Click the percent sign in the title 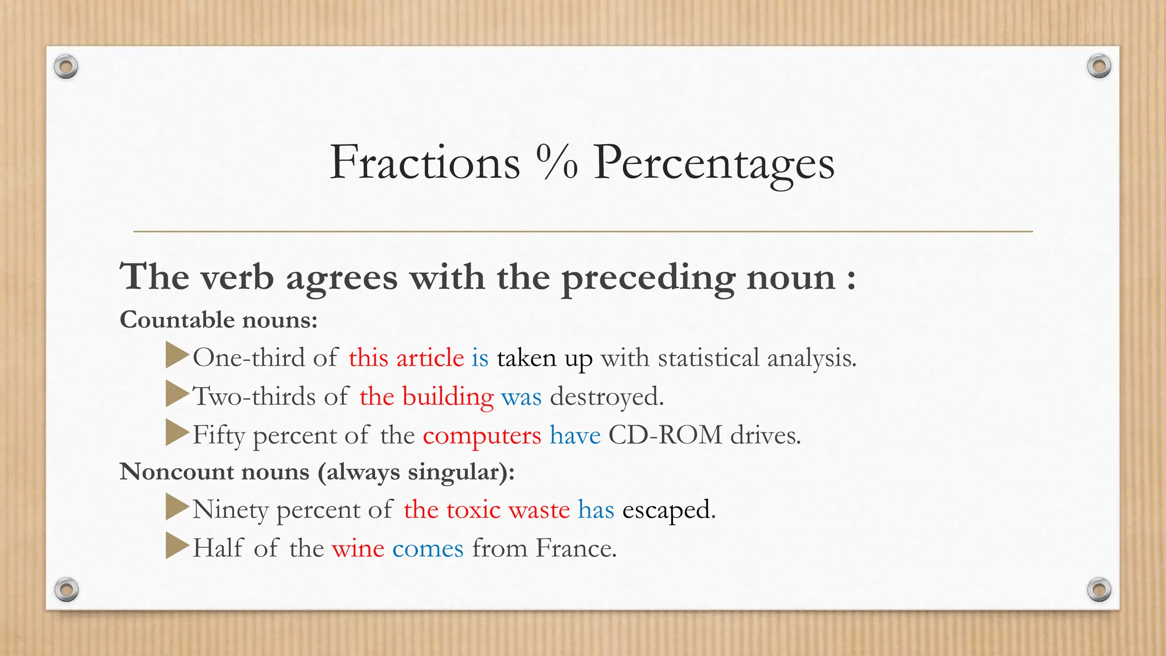[x=557, y=162]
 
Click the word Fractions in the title [x=425, y=162]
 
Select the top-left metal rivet [x=66, y=67]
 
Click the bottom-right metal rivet [x=1099, y=589]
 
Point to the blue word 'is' [x=480, y=358]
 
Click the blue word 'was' [x=521, y=397]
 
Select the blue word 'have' [x=574, y=436]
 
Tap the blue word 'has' [x=596, y=510]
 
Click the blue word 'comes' [x=428, y=549]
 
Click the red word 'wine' [x=358, y=549]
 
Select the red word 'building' [x=447, y=397]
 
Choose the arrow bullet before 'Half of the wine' [x=176, y=546]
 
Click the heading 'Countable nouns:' [x=218, y=319]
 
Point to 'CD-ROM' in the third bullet [x=665, y=435]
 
